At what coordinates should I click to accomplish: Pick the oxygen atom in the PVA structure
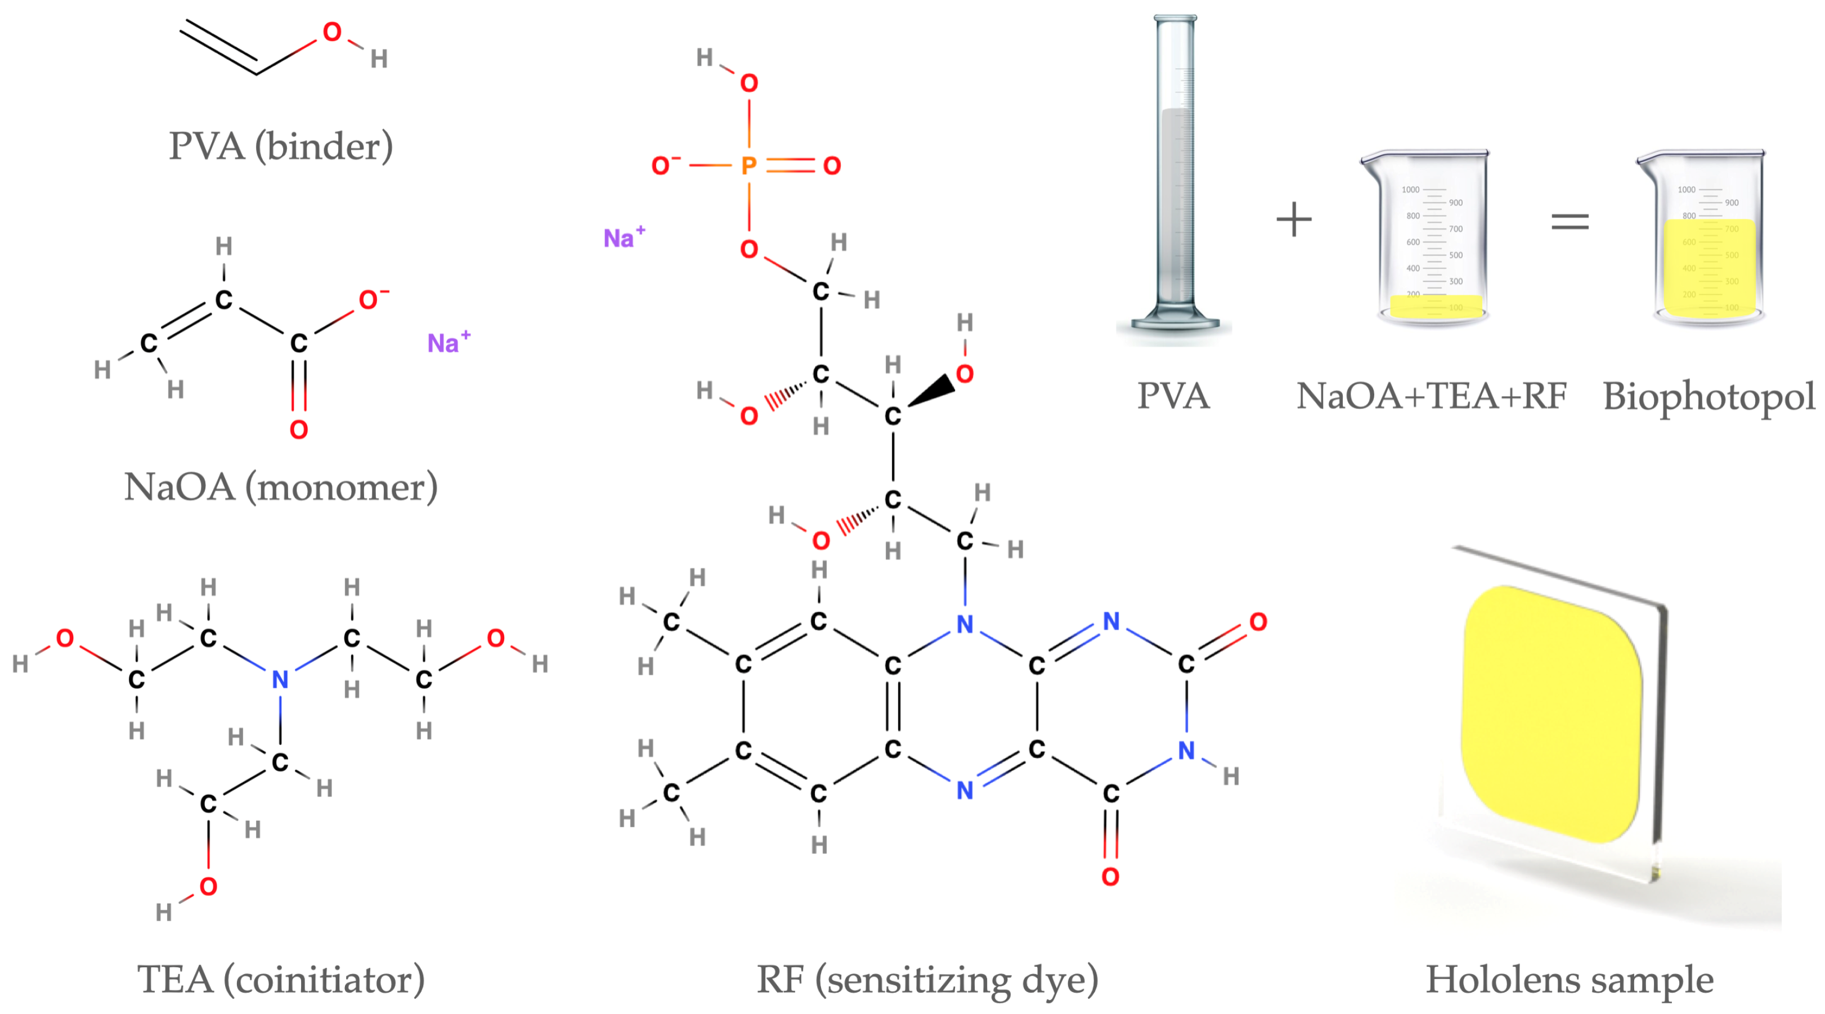pos(331,32)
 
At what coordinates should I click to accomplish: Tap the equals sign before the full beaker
pos(1570,221)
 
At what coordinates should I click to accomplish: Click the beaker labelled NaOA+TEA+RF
pos(1431,241)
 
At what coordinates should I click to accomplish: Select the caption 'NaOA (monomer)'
pos(281,487)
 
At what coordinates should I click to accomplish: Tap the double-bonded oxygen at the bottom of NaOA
pos(299,429)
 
